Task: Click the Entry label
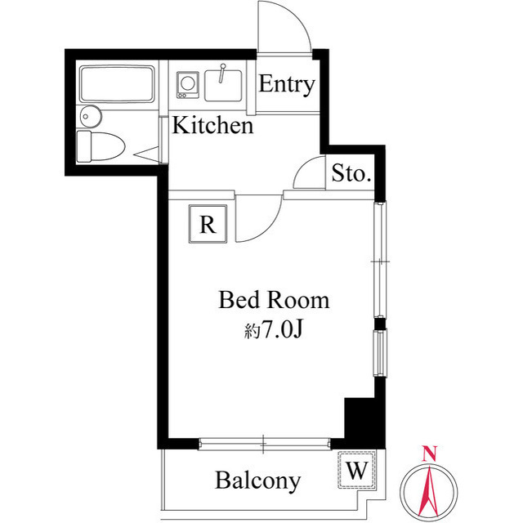tap(287, 85)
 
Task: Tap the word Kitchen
tap(212, 126)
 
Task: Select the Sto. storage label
tap(352, 173)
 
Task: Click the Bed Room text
tap(273, 300)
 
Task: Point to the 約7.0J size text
tap(272, 330)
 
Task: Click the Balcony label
tap(257, 480)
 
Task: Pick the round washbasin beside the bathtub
tap(88, 116)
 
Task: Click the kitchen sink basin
tap(222, 84)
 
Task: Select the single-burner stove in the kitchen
tap(188, 83)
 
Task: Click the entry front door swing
tap(284, 29)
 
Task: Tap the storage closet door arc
tap(309, 173)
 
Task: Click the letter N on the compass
tap(430, 452)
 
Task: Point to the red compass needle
tap(430, 489)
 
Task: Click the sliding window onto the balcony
tap(266, 445)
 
